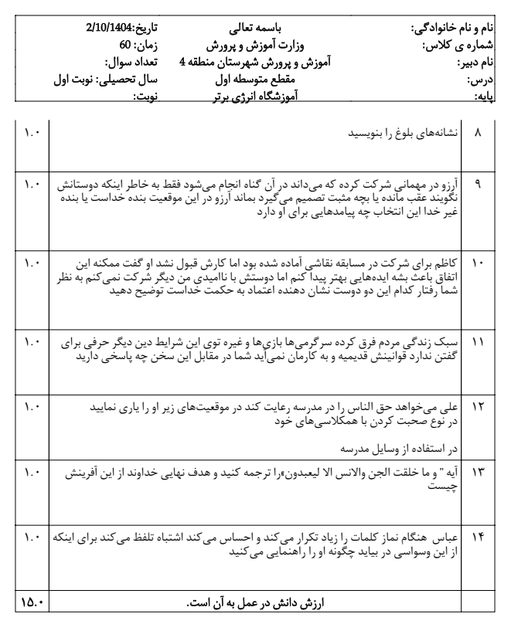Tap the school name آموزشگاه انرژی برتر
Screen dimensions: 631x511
click(255, 94)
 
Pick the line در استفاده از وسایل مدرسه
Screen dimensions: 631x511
click(393, 446)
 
